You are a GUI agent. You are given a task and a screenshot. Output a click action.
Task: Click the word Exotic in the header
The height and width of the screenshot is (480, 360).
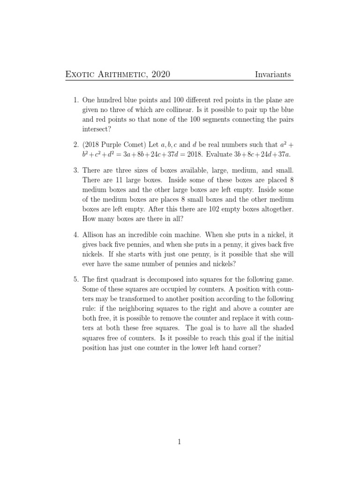click(x=80, y=74)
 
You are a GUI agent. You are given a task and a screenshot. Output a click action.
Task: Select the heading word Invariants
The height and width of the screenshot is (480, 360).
click(x=274, y=74)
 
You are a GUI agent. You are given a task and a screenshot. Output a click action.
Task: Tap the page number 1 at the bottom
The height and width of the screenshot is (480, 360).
click(x=180, y=442)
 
